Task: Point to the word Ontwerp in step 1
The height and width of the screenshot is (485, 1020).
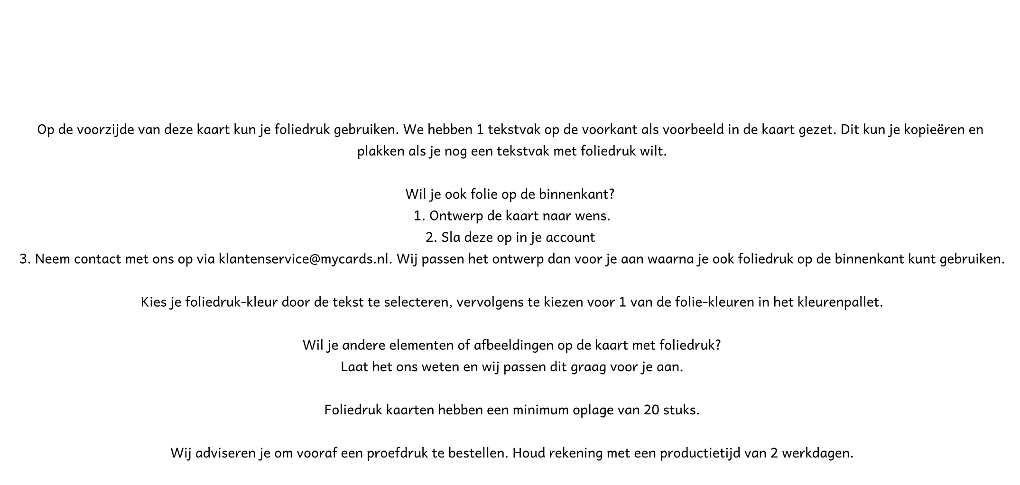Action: (456, 216)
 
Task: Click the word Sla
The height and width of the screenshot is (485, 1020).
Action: (451, 238)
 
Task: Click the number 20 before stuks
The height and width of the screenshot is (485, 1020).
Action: (651, 410)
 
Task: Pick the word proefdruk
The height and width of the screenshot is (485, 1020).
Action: (397, 453)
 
